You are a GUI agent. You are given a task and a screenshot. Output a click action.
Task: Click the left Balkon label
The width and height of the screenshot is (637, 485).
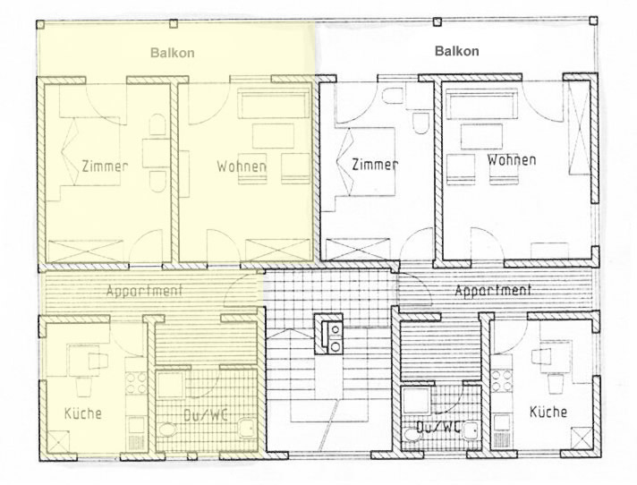(x=173, y=53)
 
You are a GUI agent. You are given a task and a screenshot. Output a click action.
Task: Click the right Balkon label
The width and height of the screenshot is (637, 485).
(x=456, y=51)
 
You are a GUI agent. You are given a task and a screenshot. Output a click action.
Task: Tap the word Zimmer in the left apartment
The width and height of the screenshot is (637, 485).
(x=105, y=166)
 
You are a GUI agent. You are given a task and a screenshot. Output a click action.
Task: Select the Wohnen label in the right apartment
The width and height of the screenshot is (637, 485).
(x=512, y=159)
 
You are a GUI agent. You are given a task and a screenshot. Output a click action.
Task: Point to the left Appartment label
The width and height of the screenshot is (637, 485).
(x=144, y=291)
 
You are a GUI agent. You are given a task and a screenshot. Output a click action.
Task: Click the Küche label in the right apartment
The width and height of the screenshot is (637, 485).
(x=548, y=412)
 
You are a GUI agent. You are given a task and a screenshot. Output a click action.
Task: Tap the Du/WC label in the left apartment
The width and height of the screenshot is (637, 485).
(x=205, y=415)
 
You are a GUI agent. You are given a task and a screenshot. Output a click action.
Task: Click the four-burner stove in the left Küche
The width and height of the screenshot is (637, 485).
(x=136, y=383)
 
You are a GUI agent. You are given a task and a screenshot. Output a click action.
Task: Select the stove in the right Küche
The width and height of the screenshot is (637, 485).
(x=501, y=380)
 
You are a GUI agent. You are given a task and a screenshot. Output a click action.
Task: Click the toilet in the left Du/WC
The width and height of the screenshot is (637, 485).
(x=166, y=429)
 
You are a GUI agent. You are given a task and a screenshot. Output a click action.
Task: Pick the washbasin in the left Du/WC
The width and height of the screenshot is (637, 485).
(x=246, y=428)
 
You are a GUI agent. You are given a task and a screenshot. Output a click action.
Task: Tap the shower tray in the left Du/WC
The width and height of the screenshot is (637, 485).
(x=171, y=385)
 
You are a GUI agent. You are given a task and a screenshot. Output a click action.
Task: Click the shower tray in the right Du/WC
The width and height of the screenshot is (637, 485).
(x=416, y=401)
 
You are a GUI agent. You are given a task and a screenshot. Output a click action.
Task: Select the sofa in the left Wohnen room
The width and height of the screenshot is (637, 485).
(x=272, y=105)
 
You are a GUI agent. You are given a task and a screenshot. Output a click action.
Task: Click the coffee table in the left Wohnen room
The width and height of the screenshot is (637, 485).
(x=273, y=137)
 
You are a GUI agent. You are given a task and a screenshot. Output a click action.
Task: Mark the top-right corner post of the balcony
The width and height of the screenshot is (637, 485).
(x=593, y=21)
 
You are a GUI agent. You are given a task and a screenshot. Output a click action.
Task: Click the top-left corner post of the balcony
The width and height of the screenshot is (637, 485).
(x=40, y=24)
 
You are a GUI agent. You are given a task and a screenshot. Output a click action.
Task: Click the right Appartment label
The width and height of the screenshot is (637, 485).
(x=493, y=290)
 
